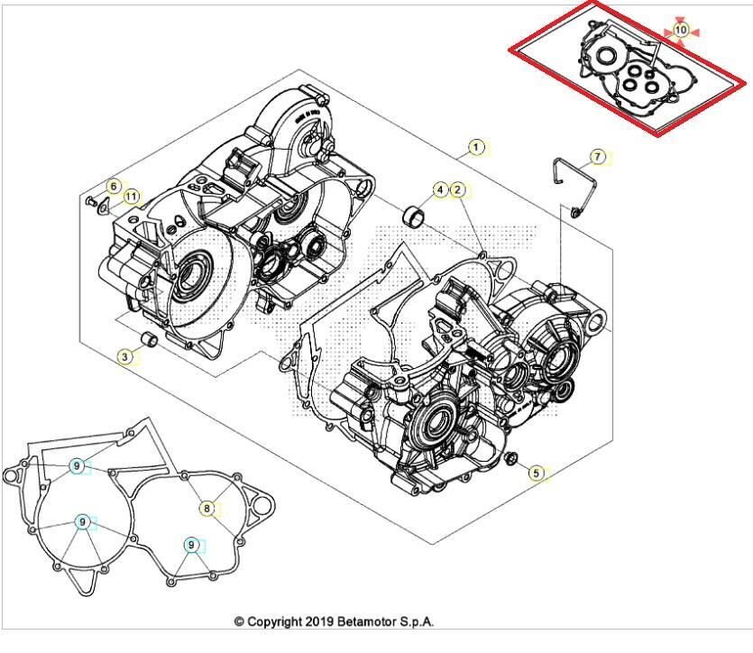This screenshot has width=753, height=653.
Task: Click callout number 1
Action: click(x=476, y=147)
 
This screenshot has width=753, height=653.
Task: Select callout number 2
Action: click(x=457, y=190)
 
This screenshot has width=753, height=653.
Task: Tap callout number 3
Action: click(x=124, y=357)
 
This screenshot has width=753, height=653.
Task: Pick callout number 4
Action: click(x=440, y=190)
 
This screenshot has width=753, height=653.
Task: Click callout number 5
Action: click(x=537, y=473)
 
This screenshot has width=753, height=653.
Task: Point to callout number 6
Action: click(x=114, y=187)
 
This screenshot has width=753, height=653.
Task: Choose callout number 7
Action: click(x=597, y=157)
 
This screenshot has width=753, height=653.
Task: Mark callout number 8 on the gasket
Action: click(x=207, y=509)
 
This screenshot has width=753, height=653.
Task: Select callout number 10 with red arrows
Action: click(x=681, y=31)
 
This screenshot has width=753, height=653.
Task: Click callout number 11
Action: click(x=131, y=197)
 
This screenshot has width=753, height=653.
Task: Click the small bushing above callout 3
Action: click(x=149, y=338)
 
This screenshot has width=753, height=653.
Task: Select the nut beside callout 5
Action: click(x=512, y=457)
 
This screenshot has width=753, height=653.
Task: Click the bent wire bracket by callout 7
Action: click(x=574, y=188)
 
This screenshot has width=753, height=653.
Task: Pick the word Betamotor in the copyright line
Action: click(x=371, y=621)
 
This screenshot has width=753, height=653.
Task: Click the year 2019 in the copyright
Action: click(x=319, y=621)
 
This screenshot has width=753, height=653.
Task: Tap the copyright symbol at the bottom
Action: click(x=239, y=621)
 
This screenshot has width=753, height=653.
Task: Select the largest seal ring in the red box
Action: click(x=607, y=55)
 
